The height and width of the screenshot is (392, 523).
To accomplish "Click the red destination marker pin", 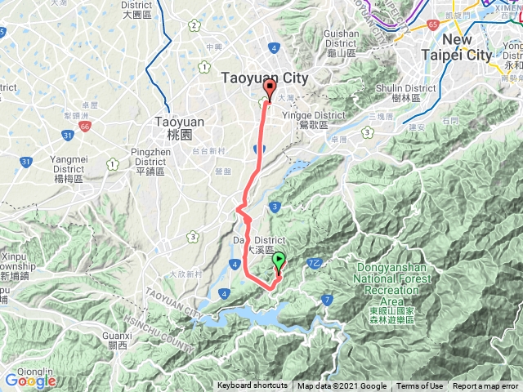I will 270,91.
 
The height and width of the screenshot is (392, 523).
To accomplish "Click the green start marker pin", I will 279,262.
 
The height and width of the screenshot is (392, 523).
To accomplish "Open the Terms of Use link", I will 420,386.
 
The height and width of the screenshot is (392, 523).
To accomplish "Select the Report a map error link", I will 487,386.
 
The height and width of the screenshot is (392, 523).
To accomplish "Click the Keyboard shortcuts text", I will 253,386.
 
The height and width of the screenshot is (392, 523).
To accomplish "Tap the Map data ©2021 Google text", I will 342,386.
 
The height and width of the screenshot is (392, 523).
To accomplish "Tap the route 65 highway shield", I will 431,26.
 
